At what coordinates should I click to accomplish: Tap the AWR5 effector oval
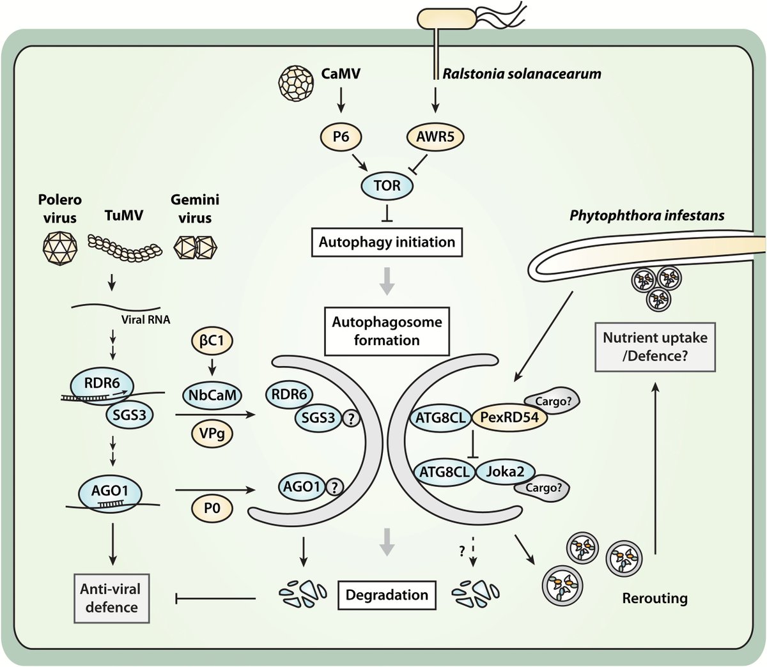pos(435,137)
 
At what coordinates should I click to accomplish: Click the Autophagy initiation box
pos(387,242)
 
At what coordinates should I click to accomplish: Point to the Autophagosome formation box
pos(386,331)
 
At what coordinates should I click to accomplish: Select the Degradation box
pos(387,595)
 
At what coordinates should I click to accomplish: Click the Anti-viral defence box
pos(111,597)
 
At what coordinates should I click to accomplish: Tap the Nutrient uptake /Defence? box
pos(655,346)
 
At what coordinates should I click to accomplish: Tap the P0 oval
pos(211,509)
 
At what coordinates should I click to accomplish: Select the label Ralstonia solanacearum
pos(522,73)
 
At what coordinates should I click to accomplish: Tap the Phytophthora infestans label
pos(647,215)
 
